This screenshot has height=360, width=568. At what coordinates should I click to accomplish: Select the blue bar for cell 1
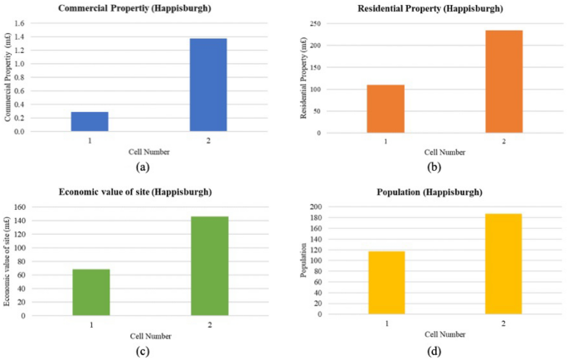(90, 121)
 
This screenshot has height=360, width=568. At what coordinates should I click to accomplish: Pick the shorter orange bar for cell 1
(386, 109)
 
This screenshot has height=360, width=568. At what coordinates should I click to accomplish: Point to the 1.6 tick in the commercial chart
(41, 23)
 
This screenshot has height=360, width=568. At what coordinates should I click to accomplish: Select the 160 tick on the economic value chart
(41, 207)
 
